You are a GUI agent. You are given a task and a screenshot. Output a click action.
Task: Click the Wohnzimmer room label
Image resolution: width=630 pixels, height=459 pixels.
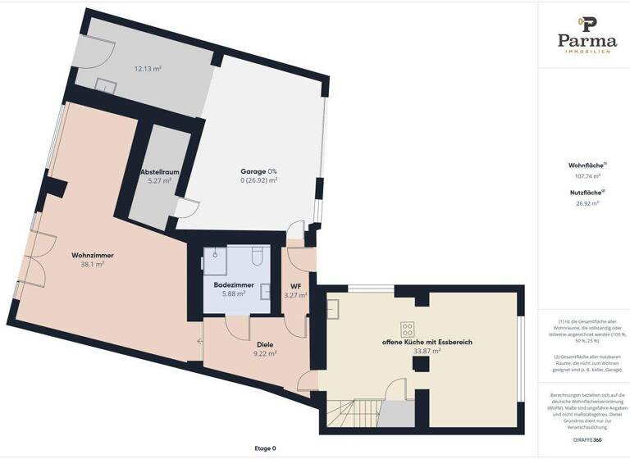pyautogui.click(x=92, y=256)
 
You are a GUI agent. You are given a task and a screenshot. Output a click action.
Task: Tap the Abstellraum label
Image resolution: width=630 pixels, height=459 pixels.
pyautogui.click(x=159, y=172)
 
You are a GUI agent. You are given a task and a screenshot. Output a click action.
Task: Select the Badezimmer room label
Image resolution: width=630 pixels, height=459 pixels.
pyautogui.click(x=234, y=284)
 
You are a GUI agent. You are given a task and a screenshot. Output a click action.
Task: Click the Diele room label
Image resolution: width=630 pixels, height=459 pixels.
pyautogui.click(x=264, y=344)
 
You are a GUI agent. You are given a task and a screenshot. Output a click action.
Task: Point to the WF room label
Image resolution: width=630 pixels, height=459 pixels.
pyautogui.click(x=294, y=285)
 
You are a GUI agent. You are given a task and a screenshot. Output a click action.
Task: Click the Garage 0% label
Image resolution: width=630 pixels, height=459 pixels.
pyautogui.click(x=258, y=170)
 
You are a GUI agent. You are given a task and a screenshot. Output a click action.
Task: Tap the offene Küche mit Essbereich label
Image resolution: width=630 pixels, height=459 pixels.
pyautogui.click(x=427, y=342)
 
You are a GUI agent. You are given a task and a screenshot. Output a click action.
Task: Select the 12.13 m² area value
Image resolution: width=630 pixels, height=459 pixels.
pyautogui.click(x=148, y=69)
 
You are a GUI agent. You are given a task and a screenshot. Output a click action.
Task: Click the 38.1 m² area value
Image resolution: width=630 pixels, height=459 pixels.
pyautogui.click(x=92, y=265)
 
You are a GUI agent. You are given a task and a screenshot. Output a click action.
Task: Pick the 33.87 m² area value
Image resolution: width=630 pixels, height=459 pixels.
pyautogui.click(x=427, y=351)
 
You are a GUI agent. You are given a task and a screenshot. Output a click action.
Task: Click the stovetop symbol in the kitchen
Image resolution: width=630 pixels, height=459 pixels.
pyautogui.click(x=406, y=329)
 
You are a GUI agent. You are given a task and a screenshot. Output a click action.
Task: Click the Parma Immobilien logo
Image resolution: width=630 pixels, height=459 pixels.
pyautogui.click(x=586, y=34)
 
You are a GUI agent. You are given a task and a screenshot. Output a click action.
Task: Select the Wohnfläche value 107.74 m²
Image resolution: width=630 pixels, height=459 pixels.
pyautogui.click(x=586, y=175)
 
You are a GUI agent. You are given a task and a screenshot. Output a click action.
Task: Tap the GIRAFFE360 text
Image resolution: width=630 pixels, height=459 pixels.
pyautogui.click(x=586, y=440)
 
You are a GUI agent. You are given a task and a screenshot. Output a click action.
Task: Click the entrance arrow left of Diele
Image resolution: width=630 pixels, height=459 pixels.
pyautogui.click(x=199, y=343)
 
